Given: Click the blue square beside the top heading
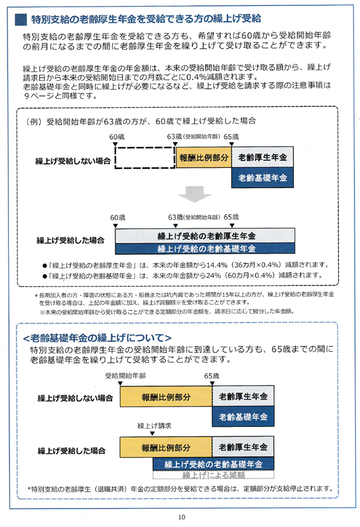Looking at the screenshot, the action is tap(21, 20).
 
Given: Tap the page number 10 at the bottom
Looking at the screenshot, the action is tap(181, 517).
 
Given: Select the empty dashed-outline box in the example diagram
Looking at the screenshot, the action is tap(145, 157).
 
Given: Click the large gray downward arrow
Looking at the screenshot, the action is tap(194, 194).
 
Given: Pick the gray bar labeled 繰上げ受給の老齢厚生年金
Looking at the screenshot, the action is tap(205, 236).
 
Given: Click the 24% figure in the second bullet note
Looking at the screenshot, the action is tap(214, 275).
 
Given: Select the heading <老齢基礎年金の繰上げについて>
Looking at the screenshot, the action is tap(97, 338).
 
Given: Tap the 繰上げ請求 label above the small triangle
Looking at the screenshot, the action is tap(154, 426).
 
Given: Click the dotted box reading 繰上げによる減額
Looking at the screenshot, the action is tap(214, 475).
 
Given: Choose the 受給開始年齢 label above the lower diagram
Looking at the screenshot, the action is tap(125, 375).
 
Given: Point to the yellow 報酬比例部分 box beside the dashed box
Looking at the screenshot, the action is tap(204, 157).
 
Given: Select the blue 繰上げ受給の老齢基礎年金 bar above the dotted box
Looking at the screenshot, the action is tap(214, 464).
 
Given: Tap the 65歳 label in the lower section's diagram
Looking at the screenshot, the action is tap(212, 376).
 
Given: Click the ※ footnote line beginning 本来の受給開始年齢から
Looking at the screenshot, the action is tap(167, 312).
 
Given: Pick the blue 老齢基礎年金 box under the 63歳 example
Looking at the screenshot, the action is tap(262, 177).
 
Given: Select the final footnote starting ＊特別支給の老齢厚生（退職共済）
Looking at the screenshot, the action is tap(181, 489).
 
